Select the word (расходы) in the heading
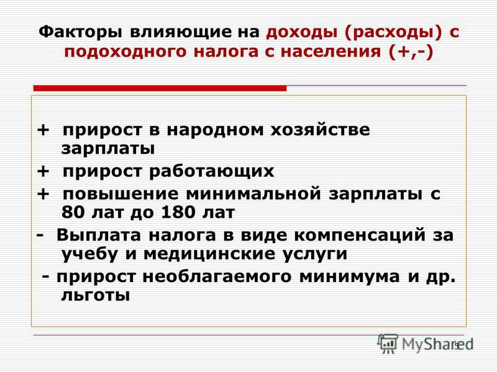click(393, 33)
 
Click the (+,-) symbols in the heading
click(411, 51)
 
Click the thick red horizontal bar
click(160, 88)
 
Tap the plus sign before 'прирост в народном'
click(43, 130)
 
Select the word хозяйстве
click(320, 130)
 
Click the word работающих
click(211, 172)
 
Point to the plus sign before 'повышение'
click(43, 193)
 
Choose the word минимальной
click(253, 193)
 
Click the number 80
click(73, 212)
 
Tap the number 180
click(177, 212)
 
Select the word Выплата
click(99, 235)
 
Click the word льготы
click(96, 296)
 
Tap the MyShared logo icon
click(388, 343)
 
